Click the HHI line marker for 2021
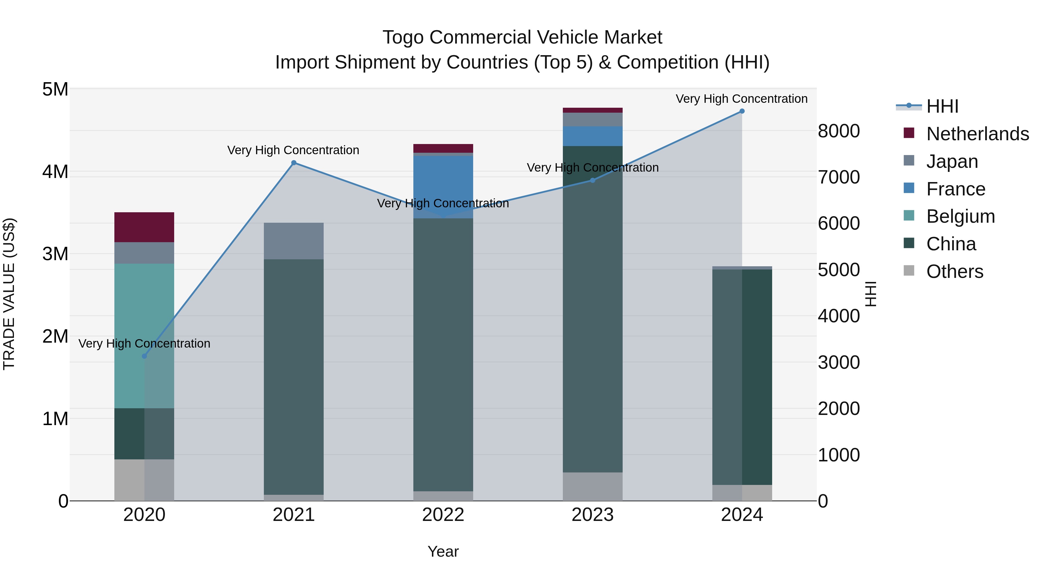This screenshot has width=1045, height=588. pos(294,163)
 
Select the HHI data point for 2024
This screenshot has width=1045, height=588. pos(742,111)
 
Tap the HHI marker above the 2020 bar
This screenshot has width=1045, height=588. pos(145,356)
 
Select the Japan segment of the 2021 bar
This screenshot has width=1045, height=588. pos(294,241)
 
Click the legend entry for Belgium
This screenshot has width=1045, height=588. pos(960,216)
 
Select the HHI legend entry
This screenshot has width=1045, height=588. pos(942,106)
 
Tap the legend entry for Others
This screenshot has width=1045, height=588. pos(954,271)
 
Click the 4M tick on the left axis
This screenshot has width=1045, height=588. pos(55,171)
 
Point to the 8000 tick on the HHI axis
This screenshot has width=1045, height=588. pos(838,131)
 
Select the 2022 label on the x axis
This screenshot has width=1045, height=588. pos(443,515)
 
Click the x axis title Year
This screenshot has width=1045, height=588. pos(443,551)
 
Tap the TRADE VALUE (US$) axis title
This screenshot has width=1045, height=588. pos(9,294)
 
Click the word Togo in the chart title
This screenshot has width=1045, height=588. pos(403,37)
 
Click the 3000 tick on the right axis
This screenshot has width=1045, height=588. pos(838,362)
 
